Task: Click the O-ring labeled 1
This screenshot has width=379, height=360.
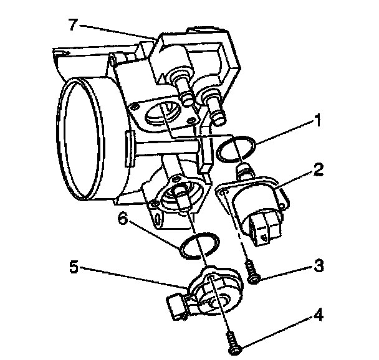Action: (237, 148)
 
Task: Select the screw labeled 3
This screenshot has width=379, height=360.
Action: (252, 273)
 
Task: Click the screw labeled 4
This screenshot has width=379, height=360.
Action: (234, 344)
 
